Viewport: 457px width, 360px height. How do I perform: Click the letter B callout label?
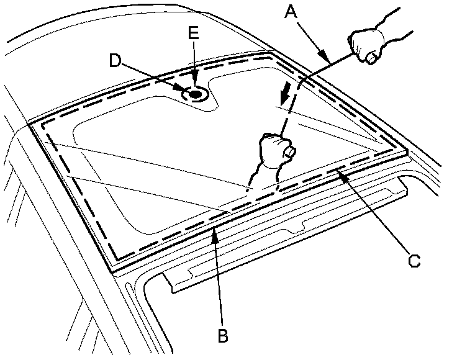[x=222, y=336]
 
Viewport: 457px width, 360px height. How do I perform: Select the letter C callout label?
[x=414, y=261]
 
